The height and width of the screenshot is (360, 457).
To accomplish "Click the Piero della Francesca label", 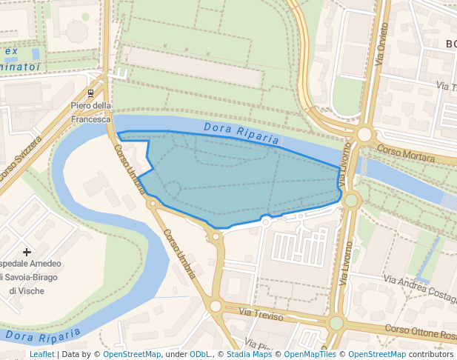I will click(91, 112).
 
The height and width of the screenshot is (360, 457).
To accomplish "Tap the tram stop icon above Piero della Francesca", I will click(91, 93).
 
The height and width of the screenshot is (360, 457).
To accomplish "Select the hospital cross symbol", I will click(27, 253).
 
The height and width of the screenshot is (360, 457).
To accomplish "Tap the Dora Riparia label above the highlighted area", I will click(241, 133).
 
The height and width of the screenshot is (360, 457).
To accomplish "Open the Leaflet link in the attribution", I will click(41, 354).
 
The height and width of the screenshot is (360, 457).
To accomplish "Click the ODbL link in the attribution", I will click(200, 354).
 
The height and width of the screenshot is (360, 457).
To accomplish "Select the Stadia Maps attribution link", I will click(249, 354).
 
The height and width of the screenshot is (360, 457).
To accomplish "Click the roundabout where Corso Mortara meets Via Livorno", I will click(364, 134).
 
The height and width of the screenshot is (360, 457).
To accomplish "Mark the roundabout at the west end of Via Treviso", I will click(216, 306).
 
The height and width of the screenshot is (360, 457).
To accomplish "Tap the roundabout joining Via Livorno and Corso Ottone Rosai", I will click(336, 322).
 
